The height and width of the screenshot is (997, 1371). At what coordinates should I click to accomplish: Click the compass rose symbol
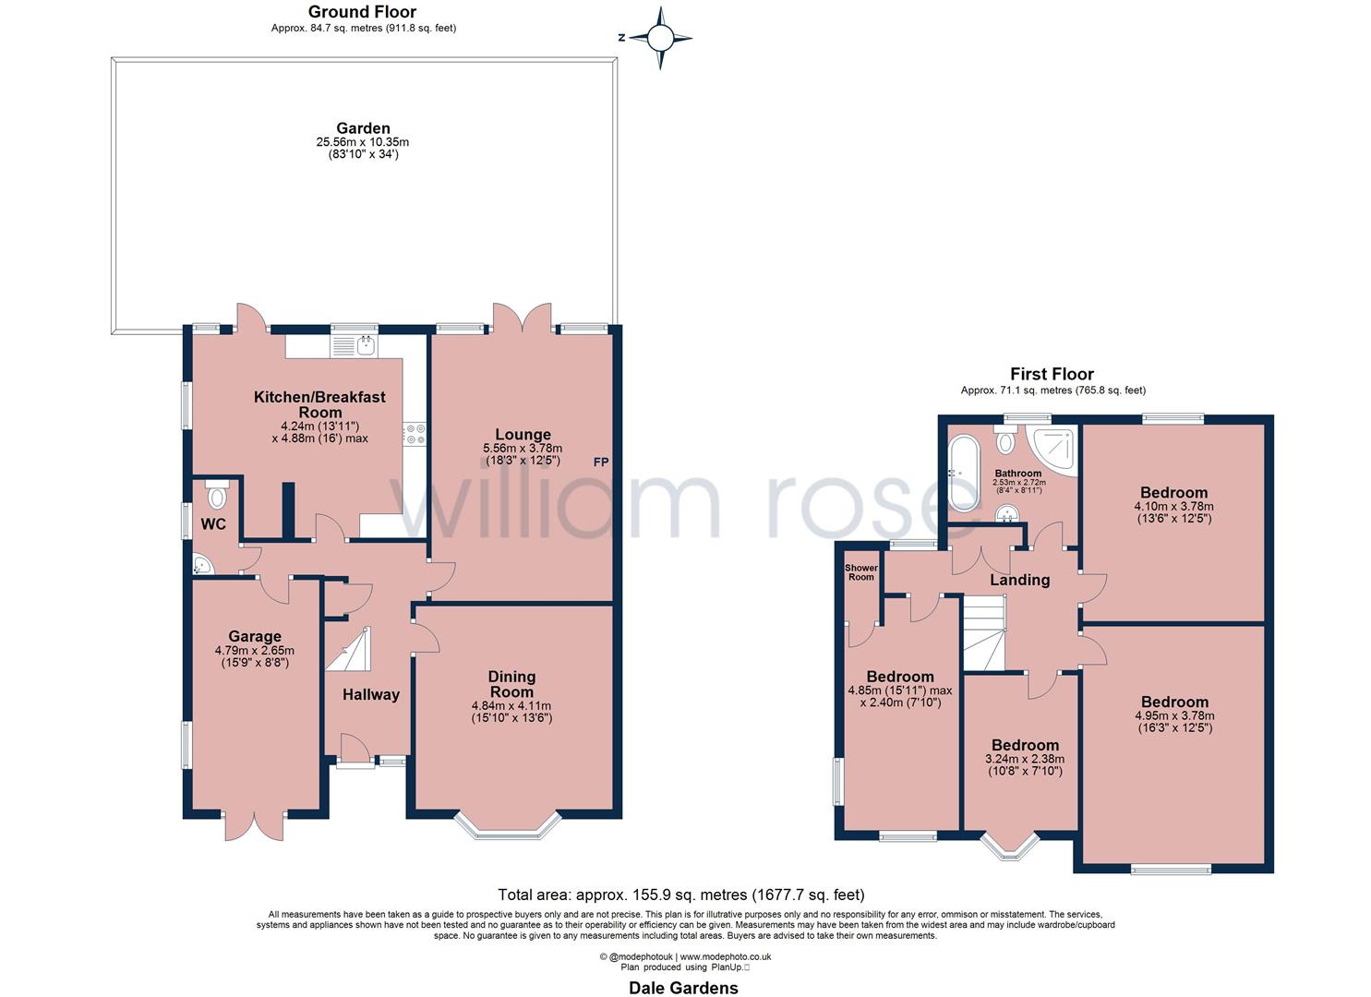[x=660, y=38]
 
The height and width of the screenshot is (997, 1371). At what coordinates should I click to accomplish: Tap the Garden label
[x=363, y=128]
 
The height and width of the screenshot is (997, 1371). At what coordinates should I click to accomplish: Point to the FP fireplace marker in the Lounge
[x=600, y=462]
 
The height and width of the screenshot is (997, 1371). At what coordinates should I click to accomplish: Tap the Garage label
[x=255, y=636]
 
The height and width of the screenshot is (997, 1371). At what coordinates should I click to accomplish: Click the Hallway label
[x=371, y=695]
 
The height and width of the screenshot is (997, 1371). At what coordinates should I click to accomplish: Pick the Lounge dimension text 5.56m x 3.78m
[x=523, y=449]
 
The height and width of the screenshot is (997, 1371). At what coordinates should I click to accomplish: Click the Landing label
[x=1019, y=580]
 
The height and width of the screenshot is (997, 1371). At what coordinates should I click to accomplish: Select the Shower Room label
[x=860, y=572]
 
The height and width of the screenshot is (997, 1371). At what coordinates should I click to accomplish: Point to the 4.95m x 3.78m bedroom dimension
[x=1173, y=715]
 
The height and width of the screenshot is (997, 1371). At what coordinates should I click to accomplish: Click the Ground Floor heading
[x=362, y=12]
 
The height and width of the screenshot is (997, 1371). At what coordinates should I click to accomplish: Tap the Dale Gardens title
[x=683, y=988]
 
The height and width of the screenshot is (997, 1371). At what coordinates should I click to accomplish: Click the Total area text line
[x=681, y=894]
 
